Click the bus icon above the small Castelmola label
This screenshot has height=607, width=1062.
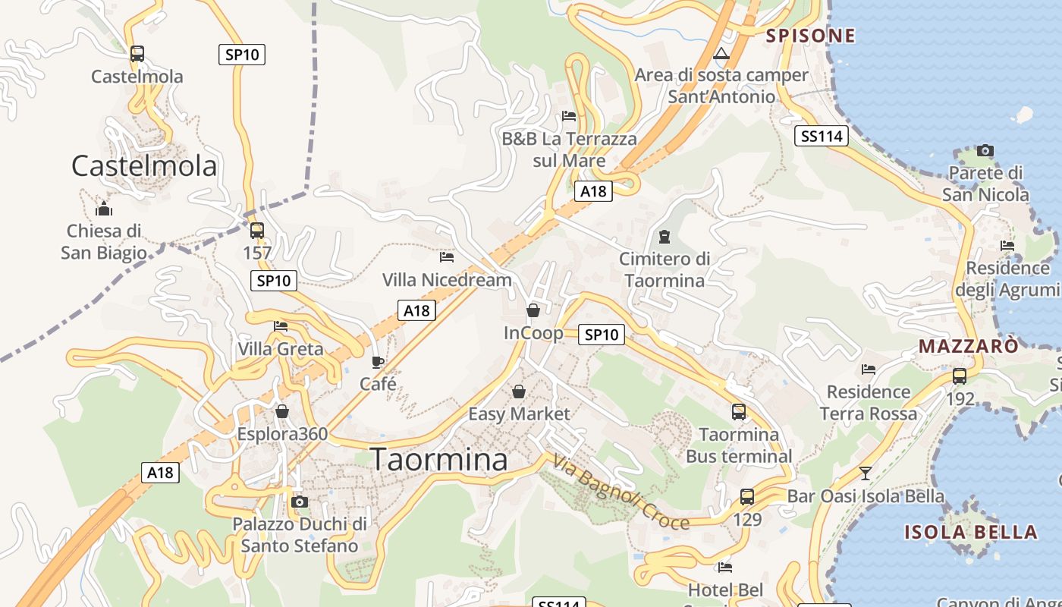click(137, 54)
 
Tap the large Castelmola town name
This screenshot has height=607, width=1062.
click(144, 165)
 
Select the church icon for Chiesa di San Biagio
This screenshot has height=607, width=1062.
click(104, 209)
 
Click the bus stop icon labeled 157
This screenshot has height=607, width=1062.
click(257, 231)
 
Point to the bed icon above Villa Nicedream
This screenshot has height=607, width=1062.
click(447, 257)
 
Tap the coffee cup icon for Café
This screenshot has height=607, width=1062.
click(378, 362)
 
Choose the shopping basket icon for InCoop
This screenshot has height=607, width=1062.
click(533, 310)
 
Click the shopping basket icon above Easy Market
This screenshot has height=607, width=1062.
click(519, 392)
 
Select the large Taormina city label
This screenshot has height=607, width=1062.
click(439, 460)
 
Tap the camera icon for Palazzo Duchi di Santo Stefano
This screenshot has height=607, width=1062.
click(300, 502)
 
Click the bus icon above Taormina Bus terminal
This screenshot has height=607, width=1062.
click(739, 412)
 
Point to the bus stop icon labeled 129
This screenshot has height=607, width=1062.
click(747, 497)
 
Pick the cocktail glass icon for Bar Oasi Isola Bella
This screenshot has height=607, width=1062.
click(866, 473)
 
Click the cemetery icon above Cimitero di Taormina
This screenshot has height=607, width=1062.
click(665, 237)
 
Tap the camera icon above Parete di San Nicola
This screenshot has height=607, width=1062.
click(985, 150)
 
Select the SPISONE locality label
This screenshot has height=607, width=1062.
click(810, 36)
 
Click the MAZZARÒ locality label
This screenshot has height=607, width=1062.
click(969, 346)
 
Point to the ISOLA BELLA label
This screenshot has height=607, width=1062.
click(970, 531)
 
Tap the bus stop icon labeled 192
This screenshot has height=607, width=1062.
click(960, 376)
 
